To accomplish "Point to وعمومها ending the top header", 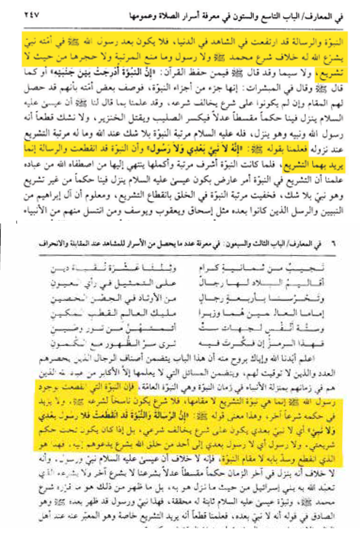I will pos(50,17).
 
